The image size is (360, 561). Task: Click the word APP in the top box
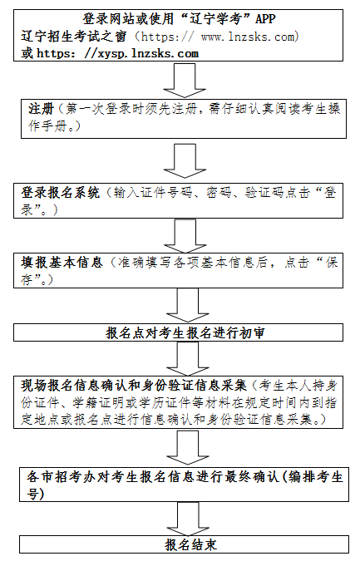coord(265,18)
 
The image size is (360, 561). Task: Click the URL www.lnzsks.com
coord(248,36)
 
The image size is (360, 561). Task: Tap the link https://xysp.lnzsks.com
coord(118,53)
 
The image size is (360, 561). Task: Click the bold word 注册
coord(41,109)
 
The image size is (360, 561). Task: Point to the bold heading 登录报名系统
coord(60,193)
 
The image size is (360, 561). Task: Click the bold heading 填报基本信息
coord(62,263)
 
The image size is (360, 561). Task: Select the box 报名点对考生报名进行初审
coord(178,332)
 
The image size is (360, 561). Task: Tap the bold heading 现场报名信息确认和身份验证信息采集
coord(134,386)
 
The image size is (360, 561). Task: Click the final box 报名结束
coord(184,544)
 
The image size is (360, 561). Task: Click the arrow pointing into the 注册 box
coord(185,81)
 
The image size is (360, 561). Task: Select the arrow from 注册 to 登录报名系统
coord(185,161)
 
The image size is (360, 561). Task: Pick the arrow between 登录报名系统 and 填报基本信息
coord(185,236)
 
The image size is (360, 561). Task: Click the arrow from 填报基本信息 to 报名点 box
coord(188,305)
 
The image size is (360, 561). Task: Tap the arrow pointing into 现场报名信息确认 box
coord(188,358)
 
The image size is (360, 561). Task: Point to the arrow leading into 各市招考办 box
coord(188,448)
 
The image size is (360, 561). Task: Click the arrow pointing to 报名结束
coord(188,519)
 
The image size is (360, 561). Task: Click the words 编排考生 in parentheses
coord(315,477)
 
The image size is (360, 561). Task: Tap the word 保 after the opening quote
coord(332,263)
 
